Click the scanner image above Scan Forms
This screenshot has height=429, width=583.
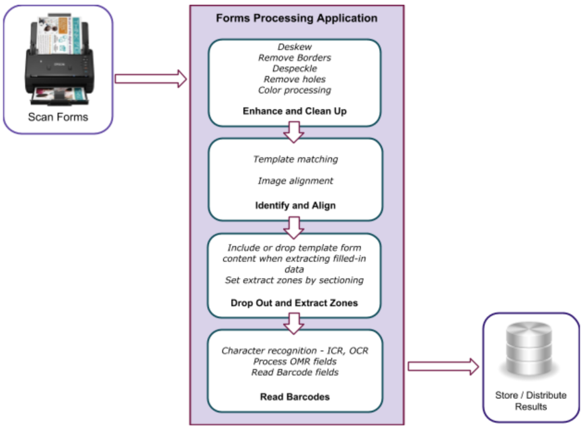(x=59, y=59)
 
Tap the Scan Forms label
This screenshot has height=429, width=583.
(x=58, y=117)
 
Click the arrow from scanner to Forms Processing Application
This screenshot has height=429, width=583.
(x=151, y=79)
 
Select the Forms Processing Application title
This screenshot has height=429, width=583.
(x=297, y=18)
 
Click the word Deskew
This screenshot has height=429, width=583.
(x=295, y=47)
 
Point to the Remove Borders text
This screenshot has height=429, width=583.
(x=295, y=58)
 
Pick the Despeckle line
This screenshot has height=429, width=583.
(x=295, y=69)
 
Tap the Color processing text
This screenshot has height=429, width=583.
(x=295, y=90)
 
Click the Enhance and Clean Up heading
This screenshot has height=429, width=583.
(x=295, y=111)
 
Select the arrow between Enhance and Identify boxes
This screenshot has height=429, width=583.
(x=294, y=132)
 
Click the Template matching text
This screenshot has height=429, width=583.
(x=296, y=159)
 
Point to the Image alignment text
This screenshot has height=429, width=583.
(x=296, y=181)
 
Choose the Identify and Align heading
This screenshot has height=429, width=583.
(x=295, y=206)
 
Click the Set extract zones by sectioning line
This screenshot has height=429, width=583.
(x=294, y=280)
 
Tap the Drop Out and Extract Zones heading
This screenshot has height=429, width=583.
(x=294, y=303)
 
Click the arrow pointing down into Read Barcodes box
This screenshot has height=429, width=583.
(x=294, y=323)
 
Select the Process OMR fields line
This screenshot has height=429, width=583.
(x=295, y=361)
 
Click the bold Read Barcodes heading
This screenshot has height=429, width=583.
(x=295, y=397)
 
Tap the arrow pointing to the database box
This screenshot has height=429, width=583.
(x=443, y=366)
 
